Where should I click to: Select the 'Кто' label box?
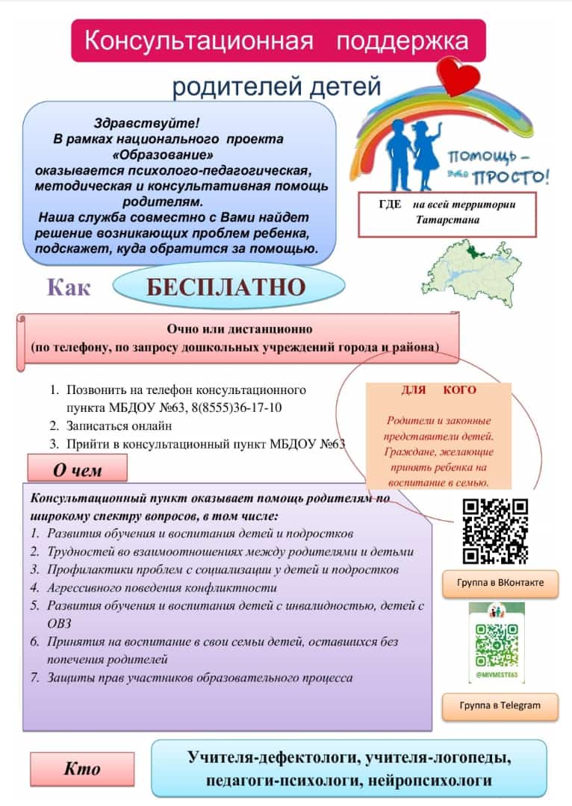82,769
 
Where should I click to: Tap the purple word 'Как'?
69,287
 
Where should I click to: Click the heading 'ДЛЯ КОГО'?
438,390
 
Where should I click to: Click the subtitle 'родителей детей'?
277,87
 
